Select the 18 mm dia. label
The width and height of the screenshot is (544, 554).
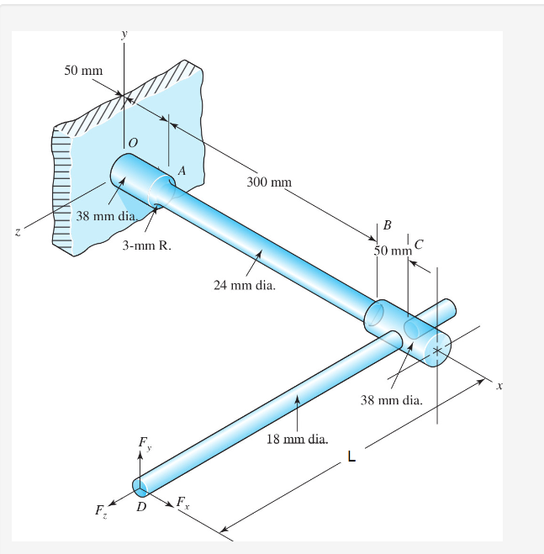[297, 439]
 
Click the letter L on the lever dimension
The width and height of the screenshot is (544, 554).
[351, 457]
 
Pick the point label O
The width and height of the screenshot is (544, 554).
[131, 147]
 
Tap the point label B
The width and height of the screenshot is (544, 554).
[387, 225]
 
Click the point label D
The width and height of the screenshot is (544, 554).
[141, 507]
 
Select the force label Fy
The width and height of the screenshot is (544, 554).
[145, 443]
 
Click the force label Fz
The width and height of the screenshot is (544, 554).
[100, 510]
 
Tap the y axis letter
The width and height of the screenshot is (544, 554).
[124, 34]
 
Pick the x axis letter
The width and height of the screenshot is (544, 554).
[498, 387]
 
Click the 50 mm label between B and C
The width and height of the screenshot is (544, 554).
[393, 251]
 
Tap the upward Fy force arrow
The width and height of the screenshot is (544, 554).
[140, 464]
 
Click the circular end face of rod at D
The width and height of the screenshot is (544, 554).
[140, 486]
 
